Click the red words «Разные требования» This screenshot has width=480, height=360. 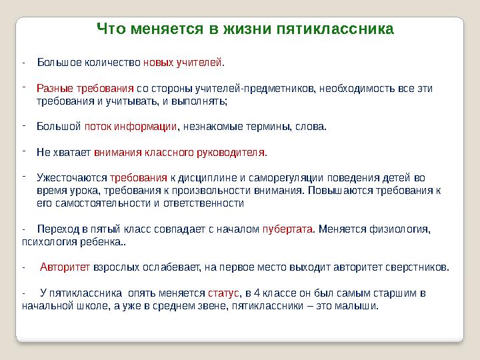pos(85,88)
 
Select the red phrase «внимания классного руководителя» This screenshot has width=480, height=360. pos(179,152)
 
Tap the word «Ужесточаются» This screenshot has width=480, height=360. pos(72,178)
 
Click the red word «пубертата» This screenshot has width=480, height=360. pos(287,229)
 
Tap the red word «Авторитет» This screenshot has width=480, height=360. pos(65,267)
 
